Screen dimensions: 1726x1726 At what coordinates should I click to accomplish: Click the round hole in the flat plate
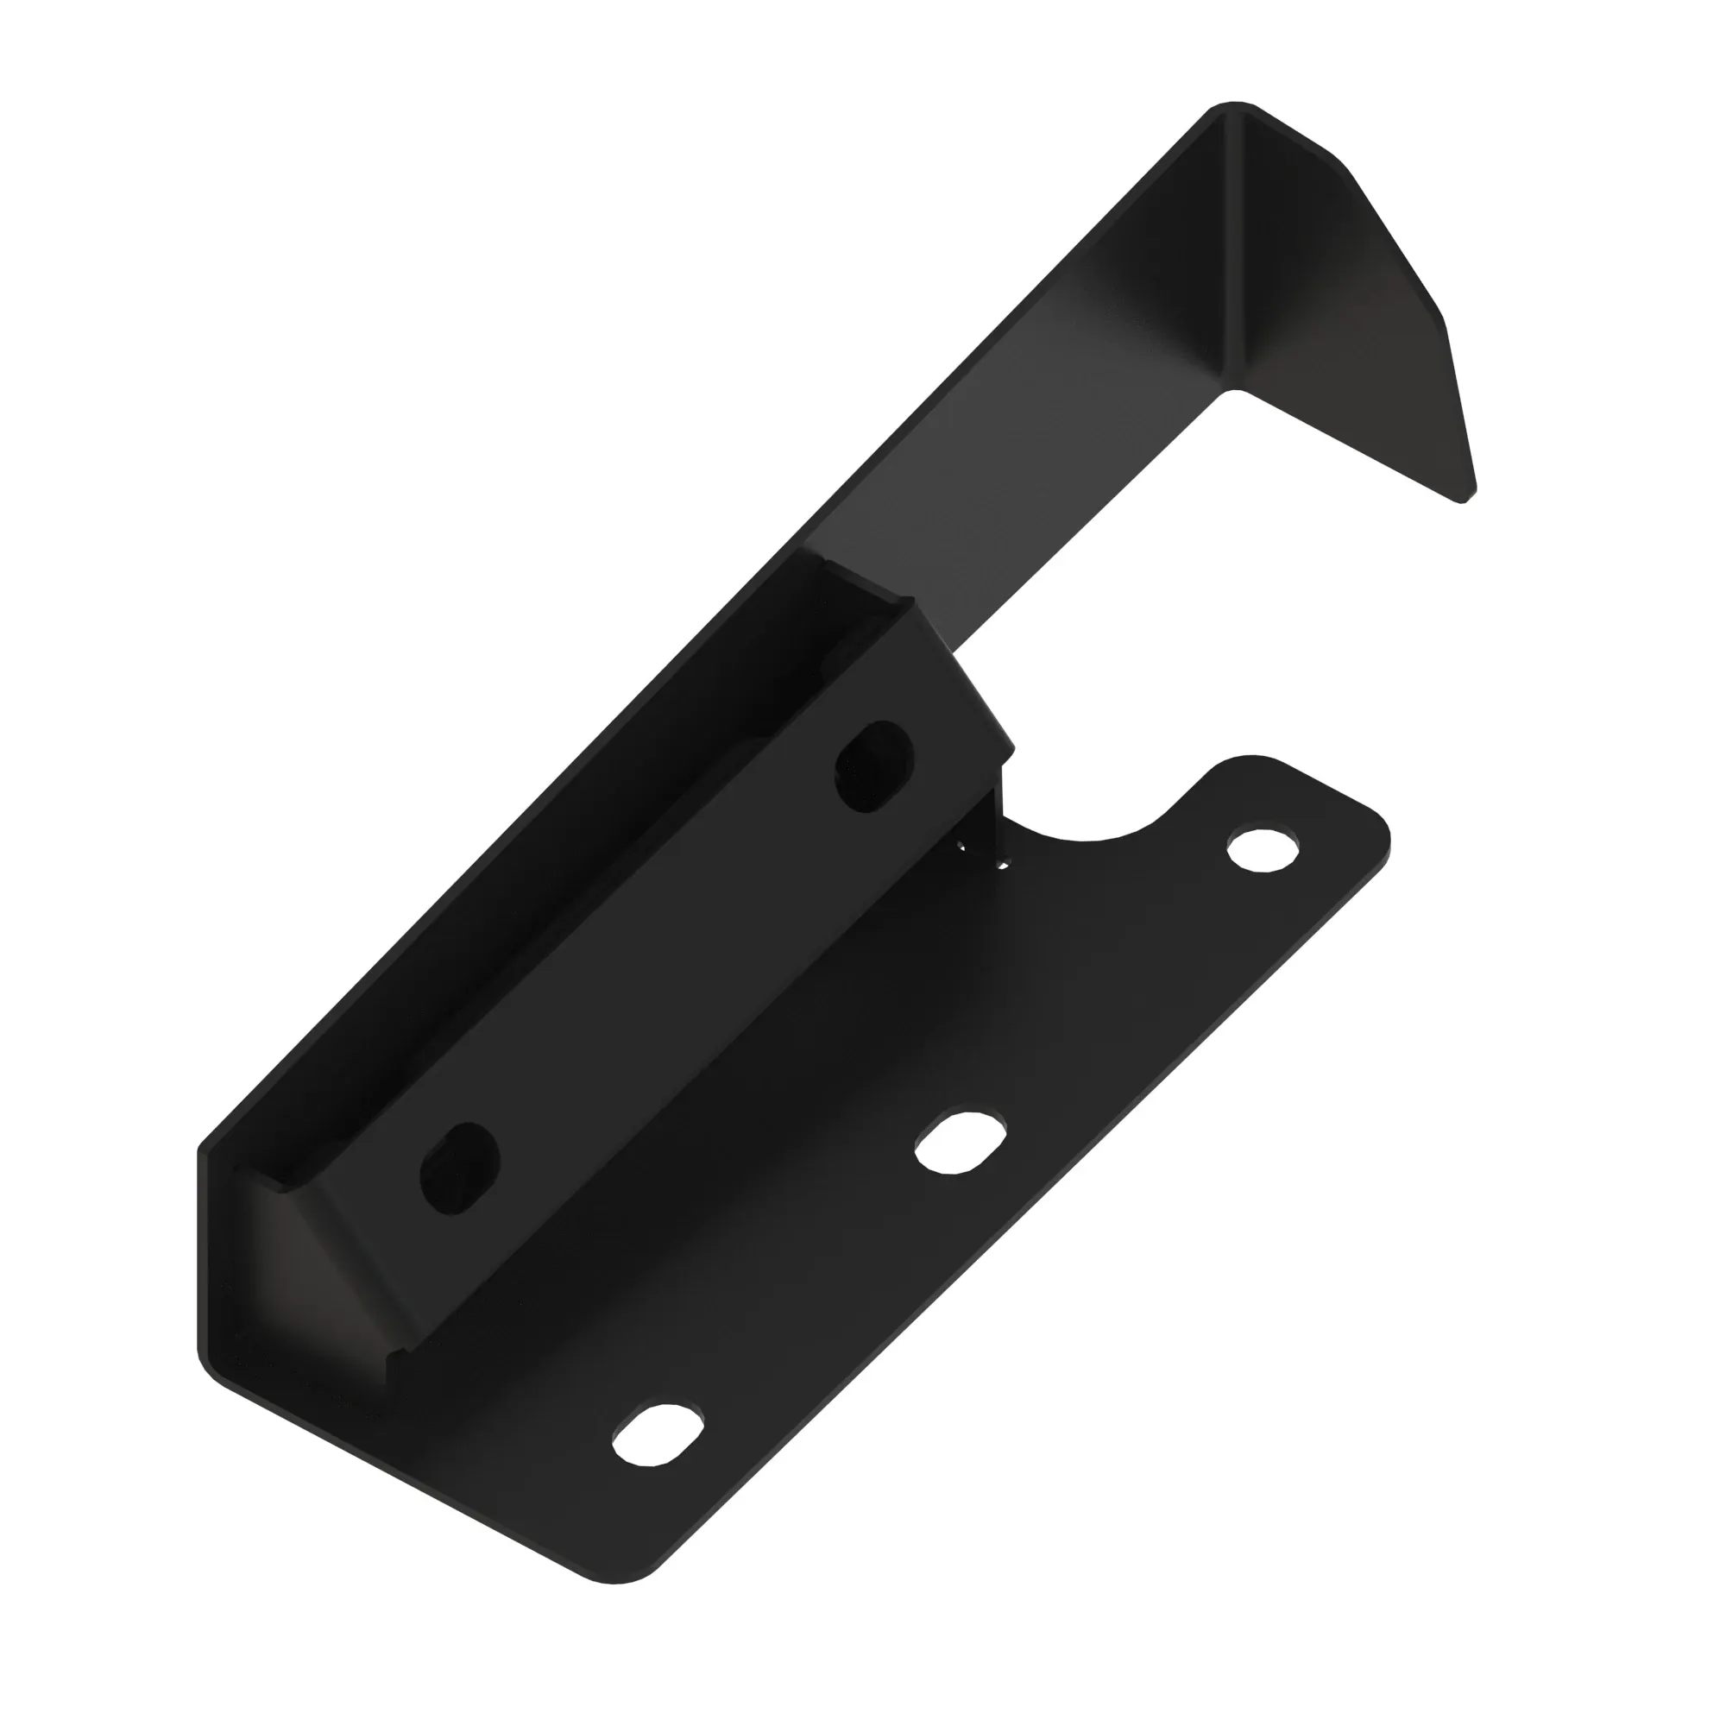click(1263, 848)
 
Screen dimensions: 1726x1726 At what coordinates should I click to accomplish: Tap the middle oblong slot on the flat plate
click(961, 1143)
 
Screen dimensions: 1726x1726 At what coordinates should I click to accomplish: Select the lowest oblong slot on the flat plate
click(657, 1439)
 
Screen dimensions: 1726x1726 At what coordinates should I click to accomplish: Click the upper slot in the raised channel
click(874, 767)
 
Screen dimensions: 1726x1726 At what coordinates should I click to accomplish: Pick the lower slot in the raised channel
click(459, 1169)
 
